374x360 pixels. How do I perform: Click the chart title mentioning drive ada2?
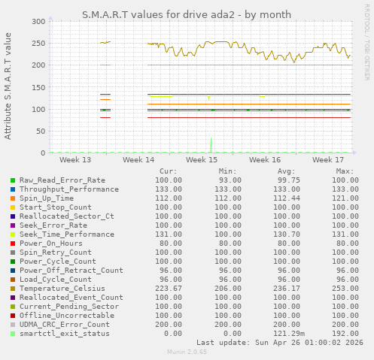click(x=186, y=14)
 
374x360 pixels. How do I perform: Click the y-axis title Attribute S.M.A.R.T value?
click(x=8, y=86)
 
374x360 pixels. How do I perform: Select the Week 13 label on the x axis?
click(x=75, y=160)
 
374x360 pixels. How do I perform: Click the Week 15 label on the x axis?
click(x=202, y=160)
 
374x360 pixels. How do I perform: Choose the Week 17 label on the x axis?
click(x=328, y=160)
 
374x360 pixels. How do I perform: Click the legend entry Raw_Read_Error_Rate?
click(x=62, y=180)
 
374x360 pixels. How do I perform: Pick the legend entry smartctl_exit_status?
click(x=65, y=334)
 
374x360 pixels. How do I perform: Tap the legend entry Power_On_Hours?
click(x=51, y=244)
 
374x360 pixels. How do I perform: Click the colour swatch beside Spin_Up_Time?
click(x=13, y=198)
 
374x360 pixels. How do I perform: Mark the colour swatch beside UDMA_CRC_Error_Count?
click(x=13, y=325)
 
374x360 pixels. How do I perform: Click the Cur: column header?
click(x=169, y=171)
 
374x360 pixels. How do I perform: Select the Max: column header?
click(x=345, y=171)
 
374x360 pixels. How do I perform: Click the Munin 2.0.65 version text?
click(x=186, y=352)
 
